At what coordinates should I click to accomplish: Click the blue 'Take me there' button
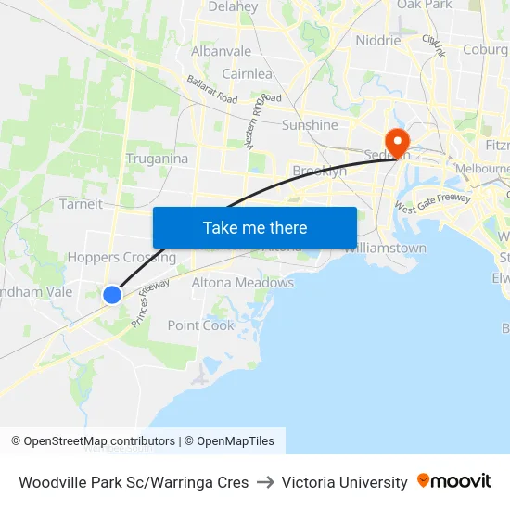click(x=254, y=227)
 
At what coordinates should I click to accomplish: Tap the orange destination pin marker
click(x=398, y=143)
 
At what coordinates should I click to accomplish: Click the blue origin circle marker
click(x=112, y=294)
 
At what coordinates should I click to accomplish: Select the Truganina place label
click(x=157, y=159)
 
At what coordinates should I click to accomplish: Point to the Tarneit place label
click(x=81, y=204)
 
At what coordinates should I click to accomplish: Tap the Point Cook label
click(x=201, y=325)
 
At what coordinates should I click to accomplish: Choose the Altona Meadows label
click(x=242, y=283)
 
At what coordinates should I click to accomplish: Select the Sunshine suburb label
click(x=310, y=125)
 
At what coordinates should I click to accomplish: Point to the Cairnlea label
click(x=247, y=73)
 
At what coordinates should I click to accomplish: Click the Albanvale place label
click(x=221, y=51)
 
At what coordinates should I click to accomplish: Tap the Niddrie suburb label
click(x=378, y=41)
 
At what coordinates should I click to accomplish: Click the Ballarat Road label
click(x=211, y=89)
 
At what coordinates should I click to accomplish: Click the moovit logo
click(x=454, y=481)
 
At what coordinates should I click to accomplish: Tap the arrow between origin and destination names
click(x=265, y=482)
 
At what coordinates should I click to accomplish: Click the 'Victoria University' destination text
click(x=345, y=482)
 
